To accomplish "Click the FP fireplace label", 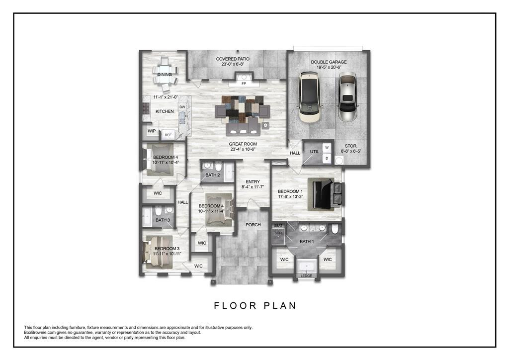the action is click(244, 84).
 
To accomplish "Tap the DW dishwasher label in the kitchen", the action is click(182, 107).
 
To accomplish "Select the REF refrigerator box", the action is click(168, 135).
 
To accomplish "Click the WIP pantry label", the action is click(152, 131).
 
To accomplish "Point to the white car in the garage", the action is click(309, 97).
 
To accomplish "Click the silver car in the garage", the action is click(347, 96).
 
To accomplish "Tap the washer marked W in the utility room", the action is click(327, 147).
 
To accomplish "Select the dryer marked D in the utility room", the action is click(327, 159).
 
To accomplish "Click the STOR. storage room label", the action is click(351, 146).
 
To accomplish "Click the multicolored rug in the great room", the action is click(243, 108).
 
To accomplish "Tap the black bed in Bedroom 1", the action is click(322, 194).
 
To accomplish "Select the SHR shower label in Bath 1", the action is click(278, 233).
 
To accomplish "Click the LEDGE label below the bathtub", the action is click(306, 276).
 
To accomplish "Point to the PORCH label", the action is click(253, 225).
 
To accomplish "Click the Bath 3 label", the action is click(163, 220).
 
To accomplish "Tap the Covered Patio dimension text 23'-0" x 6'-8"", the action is click(233, 64).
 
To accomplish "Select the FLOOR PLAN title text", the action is click(255, 306).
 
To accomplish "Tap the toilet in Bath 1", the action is click(335, 229).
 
